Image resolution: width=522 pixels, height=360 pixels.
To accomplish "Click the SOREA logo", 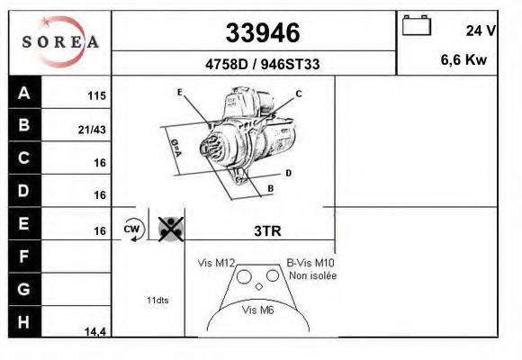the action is point(60,41).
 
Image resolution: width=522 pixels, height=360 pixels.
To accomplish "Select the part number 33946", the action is point(263,32).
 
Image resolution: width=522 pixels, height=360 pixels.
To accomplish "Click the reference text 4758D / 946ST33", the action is point(263,64).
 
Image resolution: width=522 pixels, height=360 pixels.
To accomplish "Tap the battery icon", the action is point(417,25).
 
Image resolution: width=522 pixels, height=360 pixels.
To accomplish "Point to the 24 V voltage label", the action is point(481,31).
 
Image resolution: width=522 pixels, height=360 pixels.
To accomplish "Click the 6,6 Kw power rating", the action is point(463,59).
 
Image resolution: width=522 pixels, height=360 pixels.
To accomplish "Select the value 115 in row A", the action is point(96,96).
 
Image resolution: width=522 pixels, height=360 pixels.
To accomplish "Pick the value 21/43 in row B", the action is point(92,130).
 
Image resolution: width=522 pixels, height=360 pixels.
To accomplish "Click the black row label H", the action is point(24,322).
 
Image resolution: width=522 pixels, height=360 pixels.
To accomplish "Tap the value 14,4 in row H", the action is point(95,332).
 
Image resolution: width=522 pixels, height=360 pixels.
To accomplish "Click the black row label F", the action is point(24,256).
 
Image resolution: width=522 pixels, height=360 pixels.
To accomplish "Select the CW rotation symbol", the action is point(133,229).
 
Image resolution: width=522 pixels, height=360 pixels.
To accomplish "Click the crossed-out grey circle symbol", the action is point(171,229).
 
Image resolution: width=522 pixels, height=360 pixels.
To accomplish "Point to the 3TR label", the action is point(267,230).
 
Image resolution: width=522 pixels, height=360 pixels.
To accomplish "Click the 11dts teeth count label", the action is point(157,300).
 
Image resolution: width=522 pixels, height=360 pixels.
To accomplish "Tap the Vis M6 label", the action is point(258,310).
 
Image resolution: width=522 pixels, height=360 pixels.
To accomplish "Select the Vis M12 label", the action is point(216,263).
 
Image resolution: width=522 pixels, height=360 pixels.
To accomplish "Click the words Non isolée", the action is point(313,275).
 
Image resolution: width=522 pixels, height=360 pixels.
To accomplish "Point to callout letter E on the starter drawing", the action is point(180,92).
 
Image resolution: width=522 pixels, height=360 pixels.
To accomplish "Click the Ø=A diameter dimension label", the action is point(175,148).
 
